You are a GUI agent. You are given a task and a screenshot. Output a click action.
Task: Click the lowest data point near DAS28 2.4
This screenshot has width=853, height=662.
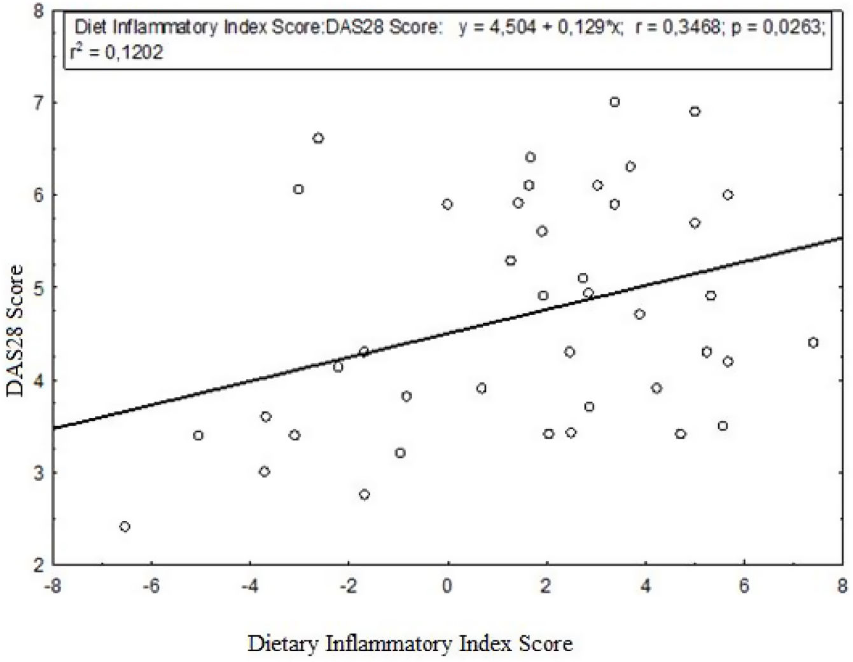pos(125,527)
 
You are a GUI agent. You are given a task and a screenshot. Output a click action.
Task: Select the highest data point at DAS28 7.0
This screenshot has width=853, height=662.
pos(614,102)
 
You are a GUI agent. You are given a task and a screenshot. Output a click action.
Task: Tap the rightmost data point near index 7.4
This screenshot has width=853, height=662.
pos(813,343)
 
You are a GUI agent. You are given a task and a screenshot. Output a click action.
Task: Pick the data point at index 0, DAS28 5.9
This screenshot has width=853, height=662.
pos(447,204)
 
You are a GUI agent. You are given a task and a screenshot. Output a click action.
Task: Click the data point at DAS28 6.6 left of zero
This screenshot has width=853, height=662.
pos(318,138)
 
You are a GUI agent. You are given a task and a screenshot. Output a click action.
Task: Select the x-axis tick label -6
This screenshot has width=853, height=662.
pos(150,586)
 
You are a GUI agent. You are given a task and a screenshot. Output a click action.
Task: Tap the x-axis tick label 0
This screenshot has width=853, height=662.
pos(447,586)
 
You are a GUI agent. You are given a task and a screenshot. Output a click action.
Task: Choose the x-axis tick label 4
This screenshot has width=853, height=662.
pos(645,586)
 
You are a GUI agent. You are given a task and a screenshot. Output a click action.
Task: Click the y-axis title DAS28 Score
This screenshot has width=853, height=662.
pos(15,331)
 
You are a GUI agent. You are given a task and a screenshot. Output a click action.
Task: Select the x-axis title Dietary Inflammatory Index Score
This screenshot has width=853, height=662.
pos(410,644)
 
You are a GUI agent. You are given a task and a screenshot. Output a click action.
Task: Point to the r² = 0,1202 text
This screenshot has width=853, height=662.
pos(117,52)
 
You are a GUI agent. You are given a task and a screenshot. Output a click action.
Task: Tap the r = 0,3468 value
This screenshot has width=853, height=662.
pos(678,28)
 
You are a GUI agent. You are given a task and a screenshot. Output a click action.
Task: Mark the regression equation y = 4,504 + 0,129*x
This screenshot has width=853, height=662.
pos(541,28)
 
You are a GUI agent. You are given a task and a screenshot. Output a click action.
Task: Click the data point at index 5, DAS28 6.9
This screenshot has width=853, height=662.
pos(695,111)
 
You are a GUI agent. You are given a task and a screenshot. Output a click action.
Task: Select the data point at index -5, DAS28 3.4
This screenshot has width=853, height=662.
pos(198,436)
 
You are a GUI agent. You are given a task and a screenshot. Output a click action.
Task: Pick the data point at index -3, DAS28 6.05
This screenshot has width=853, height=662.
pos(298,189)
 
